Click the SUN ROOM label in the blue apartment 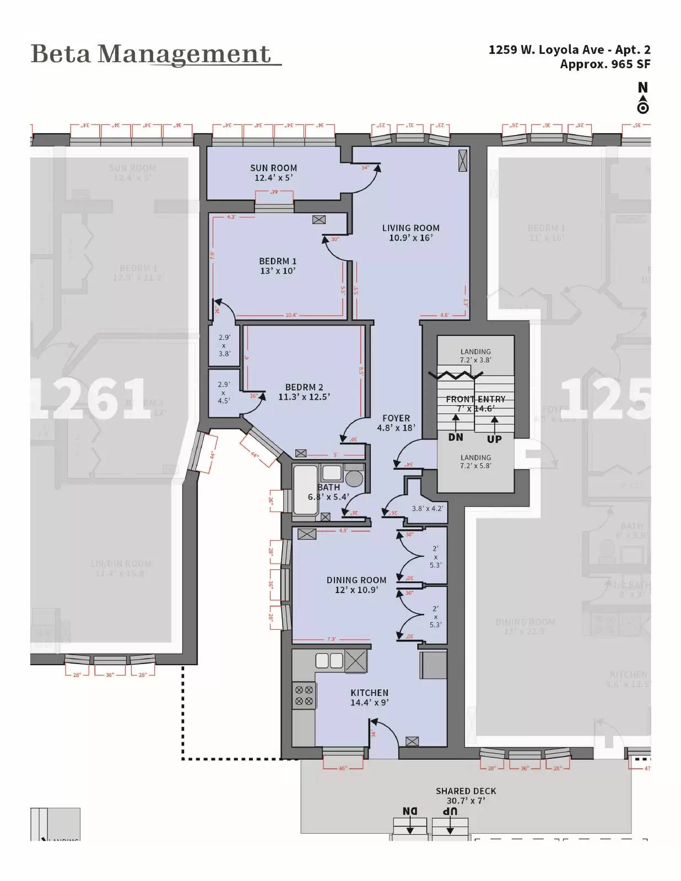(273, 172)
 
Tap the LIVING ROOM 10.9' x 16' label (410, 232)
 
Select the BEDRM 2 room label (304, 391)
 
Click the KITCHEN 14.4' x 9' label (369, 697)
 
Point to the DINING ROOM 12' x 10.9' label (356, 585)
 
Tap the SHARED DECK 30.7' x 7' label (466, 795)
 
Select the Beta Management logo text (152, 54)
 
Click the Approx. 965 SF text (605, 64)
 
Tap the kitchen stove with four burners (304, 695)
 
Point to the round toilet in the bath (354, 478)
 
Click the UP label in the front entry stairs (494, 439)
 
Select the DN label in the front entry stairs (456, 437)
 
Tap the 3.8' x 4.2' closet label (427, 508)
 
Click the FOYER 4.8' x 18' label (396, 422)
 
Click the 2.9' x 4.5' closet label (224, 393)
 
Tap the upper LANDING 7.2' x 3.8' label (475, 356)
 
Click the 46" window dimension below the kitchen (343, 768)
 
